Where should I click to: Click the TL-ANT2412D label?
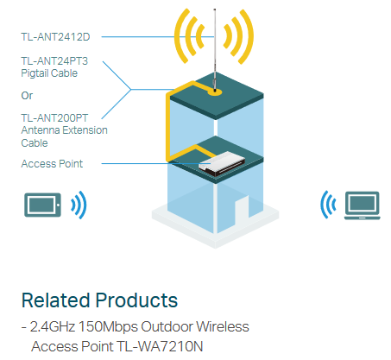55,37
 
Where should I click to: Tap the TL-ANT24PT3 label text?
54,61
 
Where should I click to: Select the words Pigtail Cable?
49,73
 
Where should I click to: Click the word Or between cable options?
27,96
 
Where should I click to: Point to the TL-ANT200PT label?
54,118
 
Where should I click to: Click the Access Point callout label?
52,164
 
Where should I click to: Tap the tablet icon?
42,205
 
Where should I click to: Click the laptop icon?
363,205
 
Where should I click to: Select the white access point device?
222,164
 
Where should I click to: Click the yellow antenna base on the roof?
215,92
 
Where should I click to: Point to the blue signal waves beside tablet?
79,205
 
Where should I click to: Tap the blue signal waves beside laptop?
328,205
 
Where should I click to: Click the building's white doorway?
242,210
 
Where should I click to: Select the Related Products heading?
99,300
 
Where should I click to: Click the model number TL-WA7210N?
160,346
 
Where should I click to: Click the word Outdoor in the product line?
167,326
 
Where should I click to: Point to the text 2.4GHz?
53,326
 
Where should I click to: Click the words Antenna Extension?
64,130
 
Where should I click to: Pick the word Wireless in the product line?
223,326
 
